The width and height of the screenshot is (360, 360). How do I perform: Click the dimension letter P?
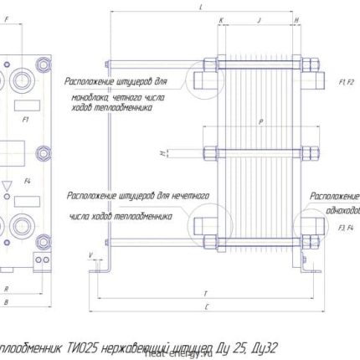point(261,122)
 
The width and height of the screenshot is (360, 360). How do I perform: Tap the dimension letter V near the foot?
point(89,254)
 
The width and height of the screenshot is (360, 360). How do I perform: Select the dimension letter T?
point(205,293)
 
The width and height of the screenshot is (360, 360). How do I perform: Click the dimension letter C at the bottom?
point(205,308)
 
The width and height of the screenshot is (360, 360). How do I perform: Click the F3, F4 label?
point(343,227)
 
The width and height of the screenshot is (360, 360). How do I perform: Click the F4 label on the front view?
point(28,181)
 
